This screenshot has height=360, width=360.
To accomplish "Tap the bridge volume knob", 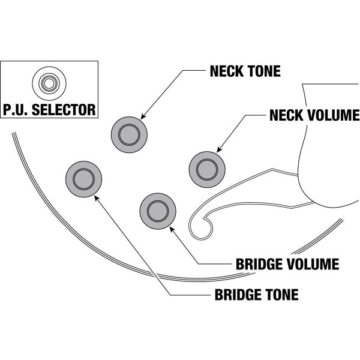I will pos(158,211).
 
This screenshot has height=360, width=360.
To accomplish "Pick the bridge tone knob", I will pos(83,179).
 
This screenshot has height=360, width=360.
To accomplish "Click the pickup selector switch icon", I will pos(49,82).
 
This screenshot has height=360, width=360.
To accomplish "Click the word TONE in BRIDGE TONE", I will pos(281,295).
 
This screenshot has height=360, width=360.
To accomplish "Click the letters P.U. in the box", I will pos(16,110).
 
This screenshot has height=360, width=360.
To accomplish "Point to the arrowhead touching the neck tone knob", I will pos(142,117).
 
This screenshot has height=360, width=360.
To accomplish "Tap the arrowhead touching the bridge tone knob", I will pos(96,196).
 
